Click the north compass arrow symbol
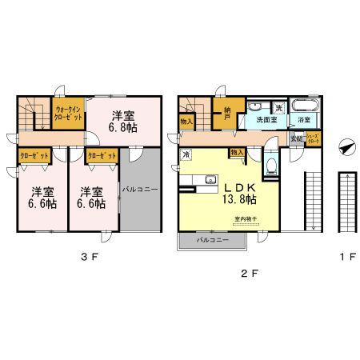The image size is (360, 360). (x=346, y=147)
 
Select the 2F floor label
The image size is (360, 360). (x=250, y=272)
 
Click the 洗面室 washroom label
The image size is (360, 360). (x=266, y=120)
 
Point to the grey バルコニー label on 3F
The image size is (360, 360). (x=140, y=190)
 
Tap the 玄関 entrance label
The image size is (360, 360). (x=296, y=138)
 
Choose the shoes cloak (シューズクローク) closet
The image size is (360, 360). (x=314, y=138)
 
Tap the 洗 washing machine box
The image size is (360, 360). (x=278, y=107)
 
